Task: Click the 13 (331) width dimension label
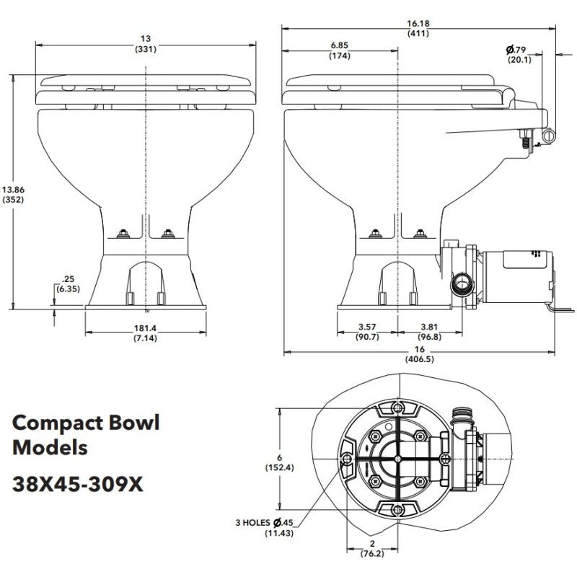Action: (146, 43)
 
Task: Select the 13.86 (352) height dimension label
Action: (14, 195)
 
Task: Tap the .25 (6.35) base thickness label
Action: (70, 283)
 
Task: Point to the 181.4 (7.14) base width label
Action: (146, 332)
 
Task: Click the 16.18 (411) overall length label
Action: (418, 27)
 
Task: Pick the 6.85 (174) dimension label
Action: (339, 50)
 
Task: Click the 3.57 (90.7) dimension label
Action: (368, 332)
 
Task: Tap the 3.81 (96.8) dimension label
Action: (429, 332)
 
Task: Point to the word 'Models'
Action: (50, 447)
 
